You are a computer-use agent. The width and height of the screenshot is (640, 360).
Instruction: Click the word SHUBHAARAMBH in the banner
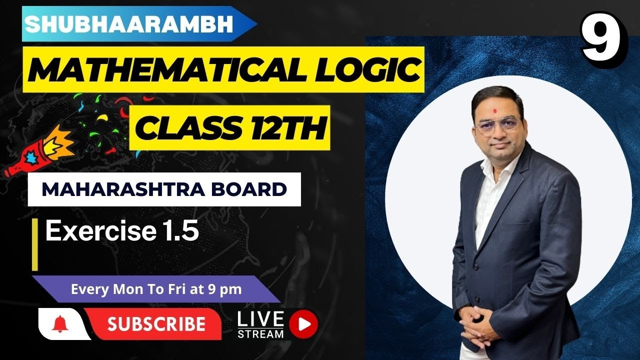pos(129,24)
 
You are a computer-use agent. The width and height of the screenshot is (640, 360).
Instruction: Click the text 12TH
pos(288,128)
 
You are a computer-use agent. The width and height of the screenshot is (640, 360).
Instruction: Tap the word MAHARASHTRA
pos(123,189)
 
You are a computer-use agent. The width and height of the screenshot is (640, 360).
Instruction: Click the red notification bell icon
pos(60,324)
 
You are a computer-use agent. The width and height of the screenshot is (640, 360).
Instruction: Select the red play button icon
pos(303,324)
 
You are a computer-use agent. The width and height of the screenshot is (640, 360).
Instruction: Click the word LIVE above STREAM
pos(260,319)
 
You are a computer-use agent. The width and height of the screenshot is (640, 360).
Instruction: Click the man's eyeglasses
pos(497,125)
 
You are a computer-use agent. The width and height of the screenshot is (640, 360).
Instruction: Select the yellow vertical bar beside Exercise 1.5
pos(35,244)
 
